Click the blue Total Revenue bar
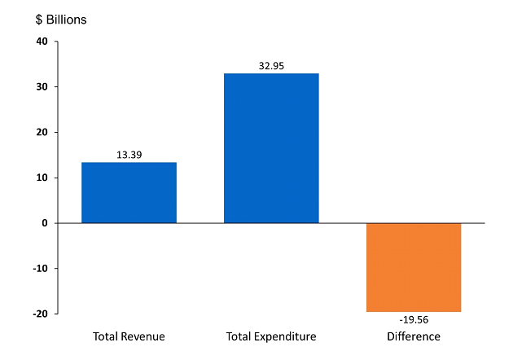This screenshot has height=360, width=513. coord(129,193)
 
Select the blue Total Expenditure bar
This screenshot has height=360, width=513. coord(271,148)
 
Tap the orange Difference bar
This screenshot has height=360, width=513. coord(414,267)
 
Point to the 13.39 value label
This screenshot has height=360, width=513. coord(129,155)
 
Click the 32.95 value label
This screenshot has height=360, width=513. coord(271,66)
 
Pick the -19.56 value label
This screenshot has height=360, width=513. coord(414,321)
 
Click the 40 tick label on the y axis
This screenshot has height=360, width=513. coord(42,42)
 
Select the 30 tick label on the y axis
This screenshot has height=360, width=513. coord(42,87)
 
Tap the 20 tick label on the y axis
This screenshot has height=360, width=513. coord(42,133)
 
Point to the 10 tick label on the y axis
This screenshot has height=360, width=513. coord(42,178)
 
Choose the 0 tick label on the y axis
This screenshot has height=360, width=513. coord(44,223)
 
